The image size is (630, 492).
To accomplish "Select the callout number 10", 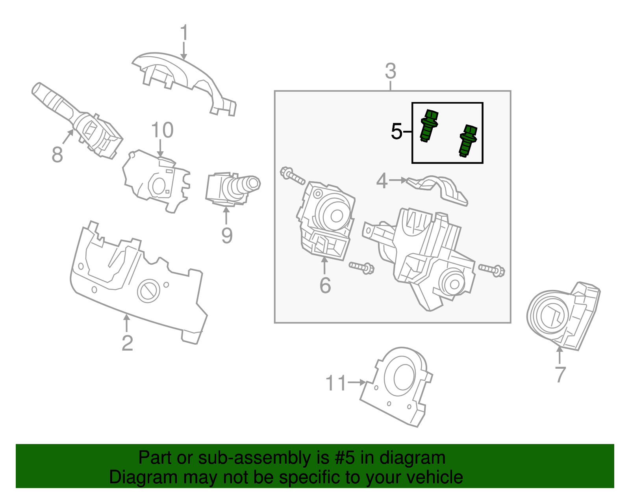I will [x=162, y=130].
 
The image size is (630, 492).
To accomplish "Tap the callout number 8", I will [x=57, y=155].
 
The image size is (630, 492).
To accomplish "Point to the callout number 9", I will [x=227, y=236].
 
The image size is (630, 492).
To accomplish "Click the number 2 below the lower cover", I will [x=127, y=343].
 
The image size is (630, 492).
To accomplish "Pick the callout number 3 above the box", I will [x=390, y=72].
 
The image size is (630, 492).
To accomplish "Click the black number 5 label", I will [x=397, y=132].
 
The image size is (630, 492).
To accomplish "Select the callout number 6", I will [x=325, y=286].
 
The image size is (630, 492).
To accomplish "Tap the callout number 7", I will [x=560, y=375].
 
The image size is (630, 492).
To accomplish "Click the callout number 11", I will [x=336, y=383].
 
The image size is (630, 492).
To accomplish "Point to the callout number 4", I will [x=382, y=181].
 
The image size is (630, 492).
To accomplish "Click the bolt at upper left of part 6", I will [x=292, y=176].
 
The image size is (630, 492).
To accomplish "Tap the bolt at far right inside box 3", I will [x=492, y=270].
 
